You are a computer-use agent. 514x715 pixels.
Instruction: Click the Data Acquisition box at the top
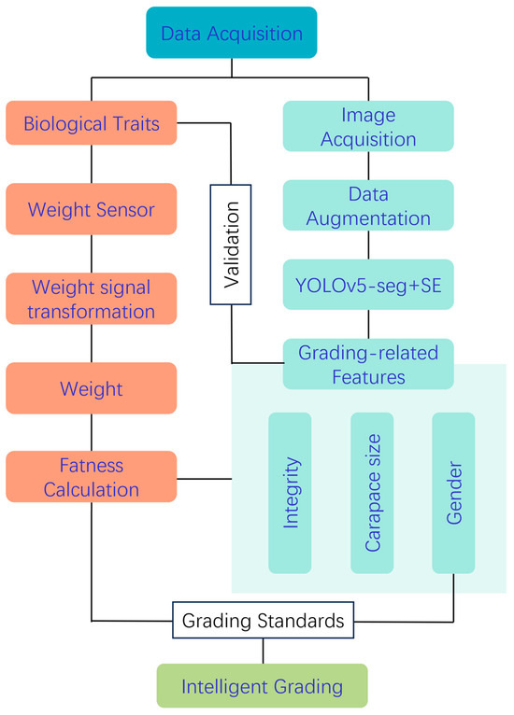(x=232, y=35)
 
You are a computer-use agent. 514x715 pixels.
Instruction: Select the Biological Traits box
(x=91, y=124)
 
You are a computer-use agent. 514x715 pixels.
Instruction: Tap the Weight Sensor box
(x=91, y=210)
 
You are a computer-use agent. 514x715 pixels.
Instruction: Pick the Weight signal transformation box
(x=91, y=298)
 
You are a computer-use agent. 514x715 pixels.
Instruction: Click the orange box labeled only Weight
(x=91, y=387)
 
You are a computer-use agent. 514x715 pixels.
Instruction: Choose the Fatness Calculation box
(x=91, y=476)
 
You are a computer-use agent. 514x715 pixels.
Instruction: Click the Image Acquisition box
(x=368, y=126)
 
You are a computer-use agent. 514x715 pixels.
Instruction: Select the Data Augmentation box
(x=368, y=205)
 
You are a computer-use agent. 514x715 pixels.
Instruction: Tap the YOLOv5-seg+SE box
(x=368, y=285)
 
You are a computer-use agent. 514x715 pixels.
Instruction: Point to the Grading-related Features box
(x=368, y=364)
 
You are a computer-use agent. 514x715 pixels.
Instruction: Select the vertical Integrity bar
(x=290, y=493)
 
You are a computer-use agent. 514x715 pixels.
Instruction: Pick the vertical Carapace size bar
(x=372, y=493)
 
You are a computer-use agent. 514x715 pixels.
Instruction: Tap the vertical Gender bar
(x=453, y=493)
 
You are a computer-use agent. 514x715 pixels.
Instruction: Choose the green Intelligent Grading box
(x=262, y=687)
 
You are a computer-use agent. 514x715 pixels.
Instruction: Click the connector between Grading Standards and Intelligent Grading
(x=262, y=650)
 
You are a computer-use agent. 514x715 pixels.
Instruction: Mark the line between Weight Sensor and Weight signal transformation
(x=91, y=253)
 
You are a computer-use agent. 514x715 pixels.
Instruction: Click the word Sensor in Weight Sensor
(x=123, y=210)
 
